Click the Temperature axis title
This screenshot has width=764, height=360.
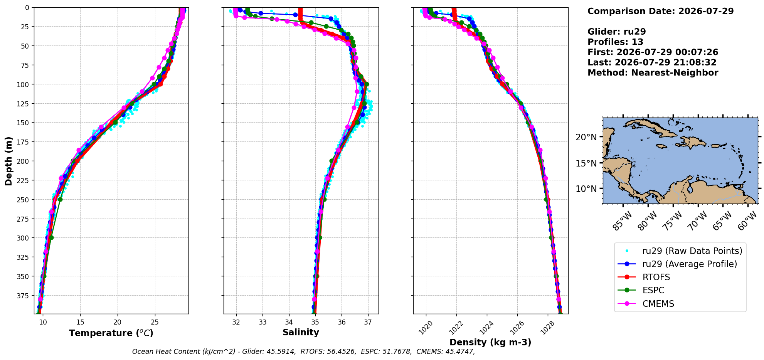[x=111, y=333]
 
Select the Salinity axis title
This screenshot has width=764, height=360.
[x=301, y=333]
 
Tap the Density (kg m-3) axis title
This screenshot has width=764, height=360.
[x=490, y=342]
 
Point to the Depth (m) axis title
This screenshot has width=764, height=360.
[x=8, y=161]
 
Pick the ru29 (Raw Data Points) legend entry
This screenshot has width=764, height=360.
[x=680, y=251]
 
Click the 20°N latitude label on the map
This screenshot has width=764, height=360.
[x=586, y=137]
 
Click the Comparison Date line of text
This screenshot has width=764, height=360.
[x=660, y=11]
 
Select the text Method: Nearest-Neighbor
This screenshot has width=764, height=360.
[x=653, y=73]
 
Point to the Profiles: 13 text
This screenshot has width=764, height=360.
[x=615, y=42]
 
